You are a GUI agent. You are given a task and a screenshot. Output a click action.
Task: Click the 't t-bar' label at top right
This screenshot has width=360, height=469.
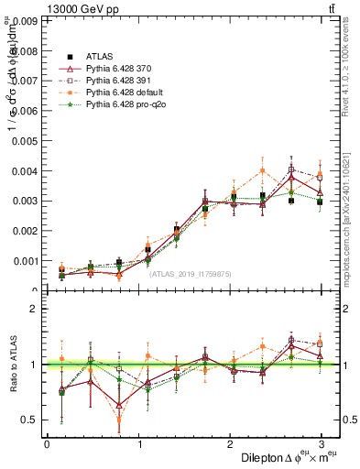(333, 8)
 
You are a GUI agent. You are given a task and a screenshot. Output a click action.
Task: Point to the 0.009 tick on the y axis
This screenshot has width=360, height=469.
(27, 20)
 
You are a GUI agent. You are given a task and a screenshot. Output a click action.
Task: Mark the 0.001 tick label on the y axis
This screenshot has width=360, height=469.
(27, 261)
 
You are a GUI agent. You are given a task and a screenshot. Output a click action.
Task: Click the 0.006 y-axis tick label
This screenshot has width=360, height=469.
(27, 111)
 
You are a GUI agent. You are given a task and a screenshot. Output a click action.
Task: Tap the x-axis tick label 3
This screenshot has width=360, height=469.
(322, 444)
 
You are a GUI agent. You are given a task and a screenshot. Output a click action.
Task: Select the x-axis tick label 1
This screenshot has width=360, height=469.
(138, 444)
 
